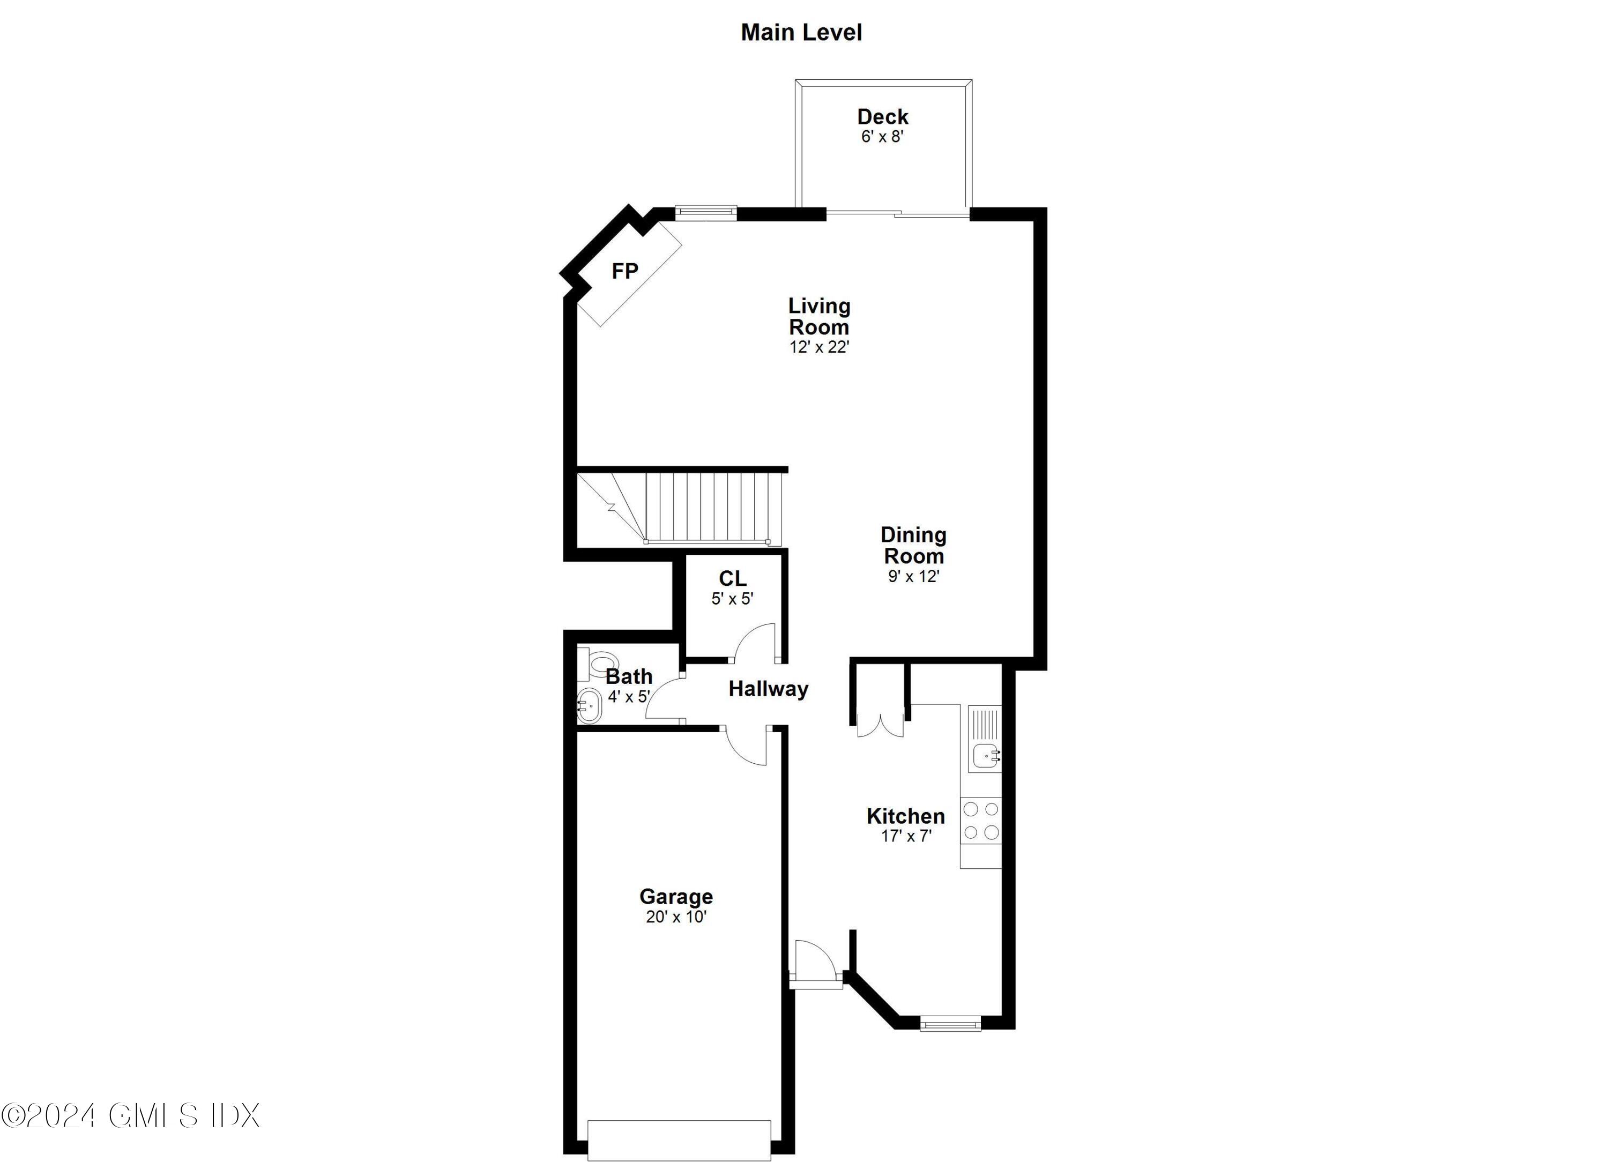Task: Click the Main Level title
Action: pyautogui.click(x=801, y=33)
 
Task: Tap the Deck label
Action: pyautogui.click(x=882, y=116)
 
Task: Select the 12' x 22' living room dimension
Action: pyautogui.click(x=819, y=347)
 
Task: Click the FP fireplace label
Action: pyautogui.click(x=624, y=271)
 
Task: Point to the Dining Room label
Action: pyautogui.click(x=913, y=545)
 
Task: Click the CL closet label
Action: pyautogui.click(x=732, y=578)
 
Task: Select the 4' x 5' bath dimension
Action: pyautogui.click(x=628, y=697)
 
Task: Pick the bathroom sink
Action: pyautogui.click(x=589, y=706)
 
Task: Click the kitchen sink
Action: pyautogui.click(x=985, y=756)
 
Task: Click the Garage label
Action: pyautogui.click(x=676, y=897)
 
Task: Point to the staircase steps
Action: pyautogui.click(x=712, y=507)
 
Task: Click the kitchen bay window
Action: pyautogui.click(x=950, y=1023)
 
